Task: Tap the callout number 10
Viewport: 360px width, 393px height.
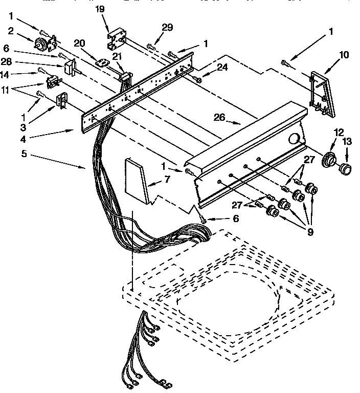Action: click(344, 55)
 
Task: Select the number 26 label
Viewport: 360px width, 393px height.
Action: click(219, 117)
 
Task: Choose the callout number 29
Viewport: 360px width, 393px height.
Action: click(167, 27)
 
